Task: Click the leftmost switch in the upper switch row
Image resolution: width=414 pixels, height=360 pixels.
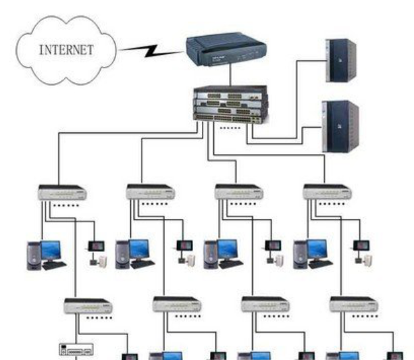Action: click(x=61, y=192)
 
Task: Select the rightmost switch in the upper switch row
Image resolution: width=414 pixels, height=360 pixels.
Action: click(x=327, y=192)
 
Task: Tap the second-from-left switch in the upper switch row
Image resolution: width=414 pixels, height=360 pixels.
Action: click(x=150, y=192)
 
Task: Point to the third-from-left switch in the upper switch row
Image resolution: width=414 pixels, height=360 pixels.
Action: click(x=238, y=192)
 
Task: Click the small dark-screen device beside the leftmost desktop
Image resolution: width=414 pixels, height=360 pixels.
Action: click(x=94, y=245)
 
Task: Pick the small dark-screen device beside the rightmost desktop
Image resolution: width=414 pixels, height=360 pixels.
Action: click(x=360, y=245)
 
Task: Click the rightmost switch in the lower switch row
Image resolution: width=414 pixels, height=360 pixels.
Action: click(x=353, y=305)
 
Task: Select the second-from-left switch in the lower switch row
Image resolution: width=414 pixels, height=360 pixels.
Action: click(x=176, y=305)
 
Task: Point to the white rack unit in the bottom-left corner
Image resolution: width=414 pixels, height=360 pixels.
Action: click(x=75, y=350)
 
